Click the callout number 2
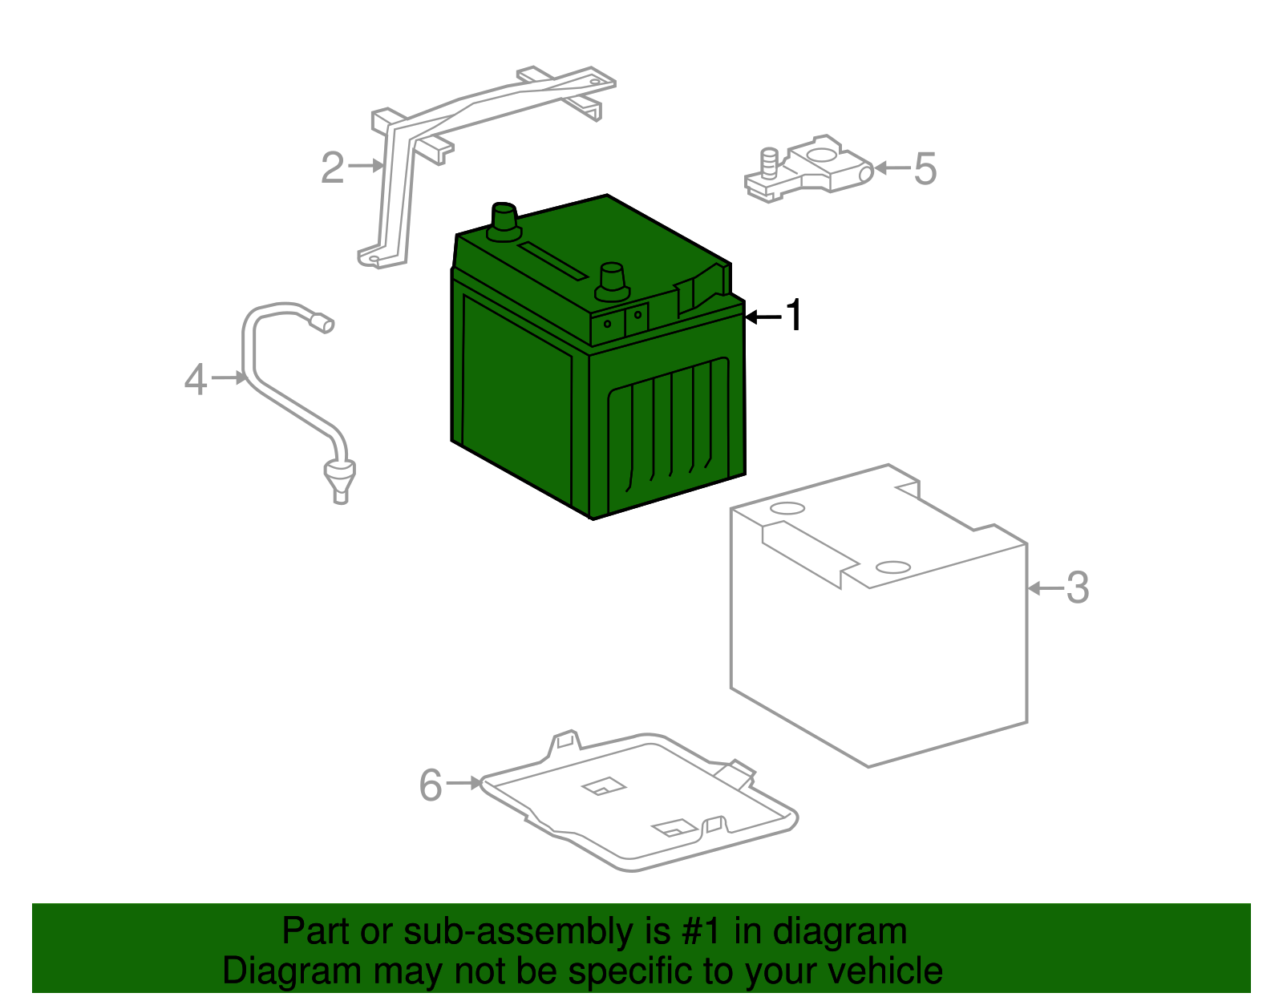click(332, 168)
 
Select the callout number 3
click(1078, 587)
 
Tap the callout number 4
click(196, 379)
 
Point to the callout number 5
click(925, 168)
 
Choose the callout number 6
click(431, 785)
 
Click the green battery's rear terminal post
click(504, 222)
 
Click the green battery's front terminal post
click(613, 283)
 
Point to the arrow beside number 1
click(763, 317)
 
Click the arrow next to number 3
click(1045, 588)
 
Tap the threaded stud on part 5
click(769, 163)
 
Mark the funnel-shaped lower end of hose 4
click(340, 482)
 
